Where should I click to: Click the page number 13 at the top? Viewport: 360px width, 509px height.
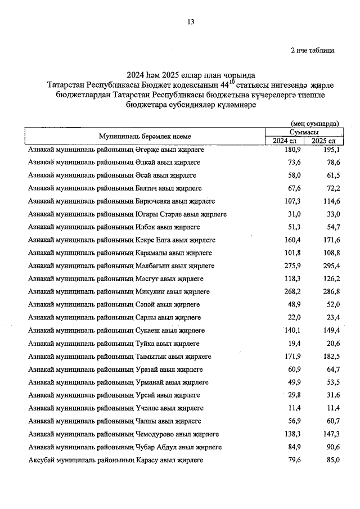pos(191,22)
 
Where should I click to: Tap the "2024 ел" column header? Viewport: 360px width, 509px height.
pos(285,140)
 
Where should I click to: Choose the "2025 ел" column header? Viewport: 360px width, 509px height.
pos(324,140)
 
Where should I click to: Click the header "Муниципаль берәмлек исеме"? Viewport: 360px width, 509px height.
pos(145,136)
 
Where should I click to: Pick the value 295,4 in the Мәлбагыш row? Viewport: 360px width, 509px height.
pos(331,265)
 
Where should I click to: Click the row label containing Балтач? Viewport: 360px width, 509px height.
pos(115,188)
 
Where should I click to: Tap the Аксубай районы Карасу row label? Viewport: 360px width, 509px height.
pos(115,460)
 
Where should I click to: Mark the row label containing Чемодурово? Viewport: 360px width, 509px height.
pos(123,434)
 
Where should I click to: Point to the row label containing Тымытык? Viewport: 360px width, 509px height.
pos(119,356)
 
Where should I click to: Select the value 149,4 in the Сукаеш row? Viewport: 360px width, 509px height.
pos(331,330)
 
